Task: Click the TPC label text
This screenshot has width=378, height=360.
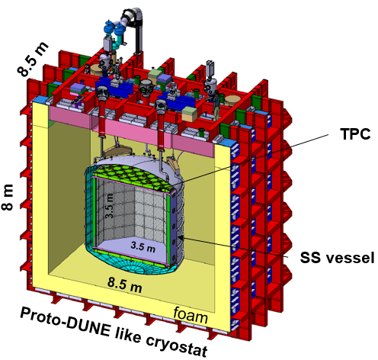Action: [355, 133]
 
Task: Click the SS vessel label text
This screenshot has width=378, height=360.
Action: [337, 257]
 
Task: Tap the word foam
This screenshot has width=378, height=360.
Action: [191, 316]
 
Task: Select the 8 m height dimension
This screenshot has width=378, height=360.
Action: [8, 197]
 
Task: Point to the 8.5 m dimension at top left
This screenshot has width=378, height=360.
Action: [33, 59]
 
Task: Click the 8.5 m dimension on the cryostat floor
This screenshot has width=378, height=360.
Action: [124, 284]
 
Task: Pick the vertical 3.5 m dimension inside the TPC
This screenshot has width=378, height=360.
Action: [110, 206]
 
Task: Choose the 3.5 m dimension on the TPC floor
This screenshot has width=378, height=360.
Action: [143, 246]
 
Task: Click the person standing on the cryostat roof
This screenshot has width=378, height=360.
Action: [216, 105]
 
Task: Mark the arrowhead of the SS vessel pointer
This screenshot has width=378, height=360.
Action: [180, 237]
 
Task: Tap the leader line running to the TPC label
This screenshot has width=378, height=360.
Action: [255, 159]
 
